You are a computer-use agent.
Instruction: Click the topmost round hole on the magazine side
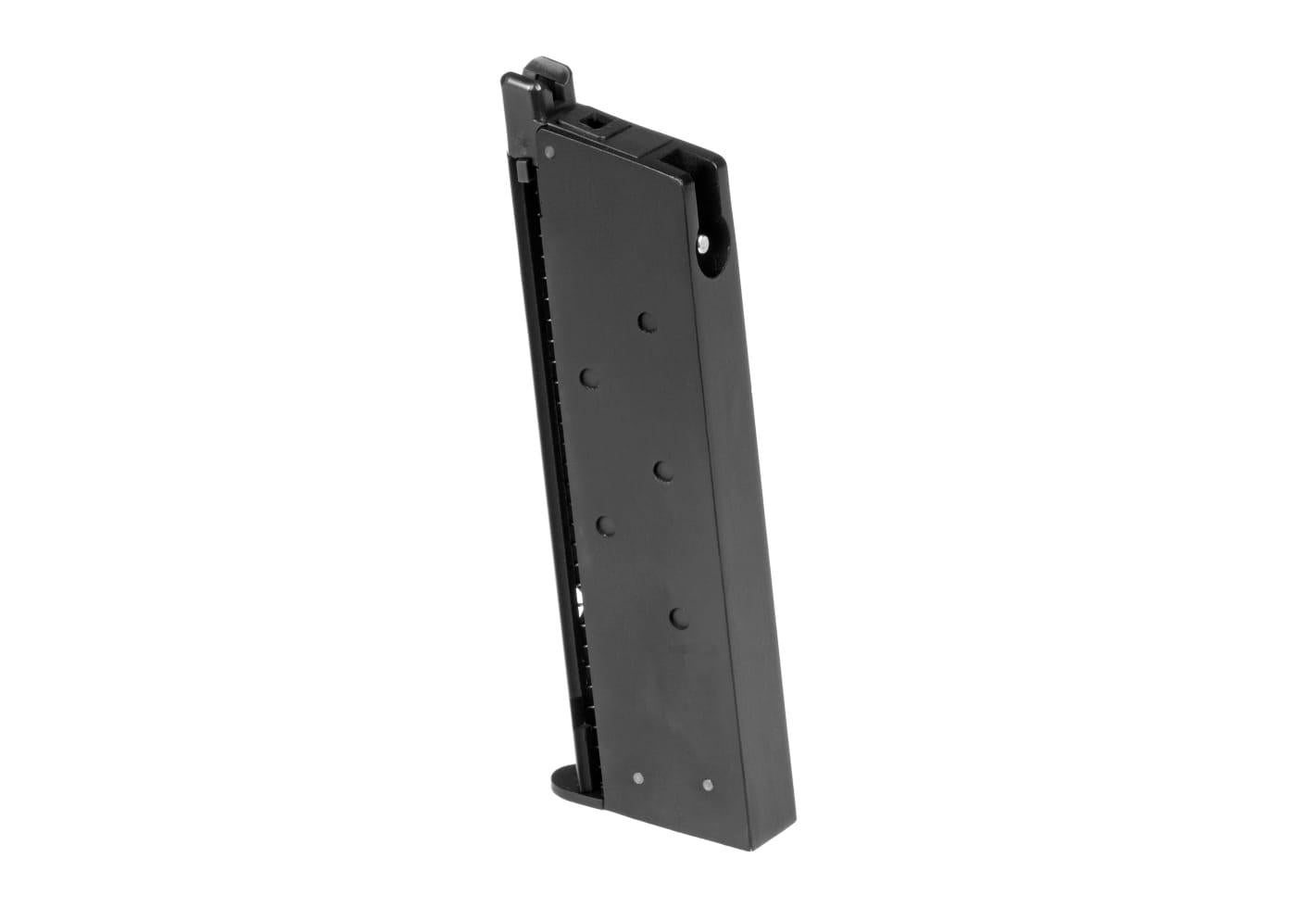[x=648, y=322]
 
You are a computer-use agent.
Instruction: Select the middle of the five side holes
[x=661, y=471]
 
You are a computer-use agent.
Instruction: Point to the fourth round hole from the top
[x=605, y=525]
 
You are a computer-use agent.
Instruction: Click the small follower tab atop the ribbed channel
[x=523, y=171]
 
